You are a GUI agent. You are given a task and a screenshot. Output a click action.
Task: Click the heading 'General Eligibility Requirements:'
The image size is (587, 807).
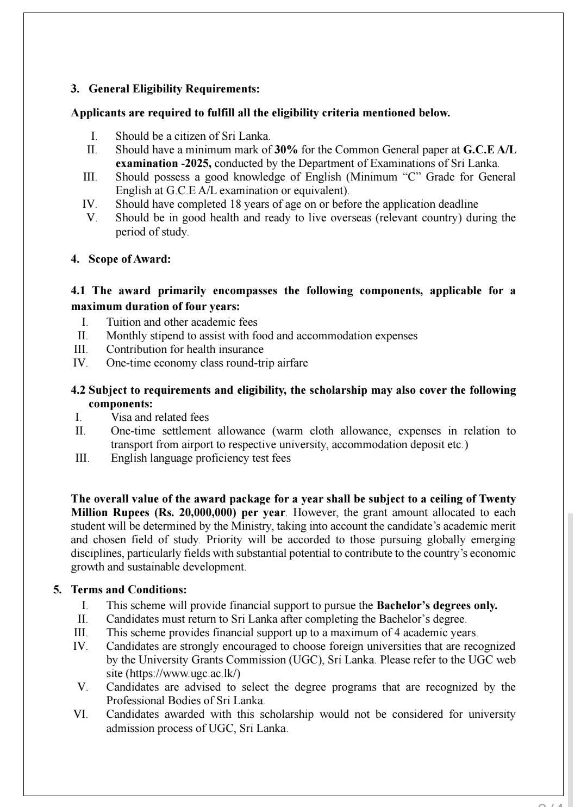tap(173, 88)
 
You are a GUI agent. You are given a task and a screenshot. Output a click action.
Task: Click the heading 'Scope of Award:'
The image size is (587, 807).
tap(129, 259)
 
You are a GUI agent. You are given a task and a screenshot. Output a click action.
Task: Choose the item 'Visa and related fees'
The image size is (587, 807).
tap(160, 417)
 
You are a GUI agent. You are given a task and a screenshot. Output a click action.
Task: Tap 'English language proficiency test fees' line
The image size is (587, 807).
tap(201, 458)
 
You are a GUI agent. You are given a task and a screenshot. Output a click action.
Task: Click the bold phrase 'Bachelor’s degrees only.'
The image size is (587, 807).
tap(437, 605)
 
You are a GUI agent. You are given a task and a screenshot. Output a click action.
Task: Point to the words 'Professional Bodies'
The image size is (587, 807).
tap(154, 700)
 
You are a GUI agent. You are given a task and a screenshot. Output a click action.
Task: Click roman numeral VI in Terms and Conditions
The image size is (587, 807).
tap(80, 714)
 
